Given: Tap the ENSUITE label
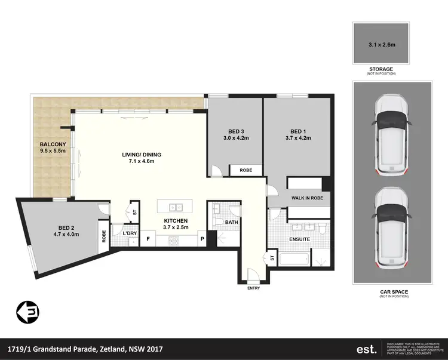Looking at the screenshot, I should tap(299, 239).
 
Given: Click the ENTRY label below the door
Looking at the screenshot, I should tap(254, 288).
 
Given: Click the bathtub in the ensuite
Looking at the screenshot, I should tap(293, 259).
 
